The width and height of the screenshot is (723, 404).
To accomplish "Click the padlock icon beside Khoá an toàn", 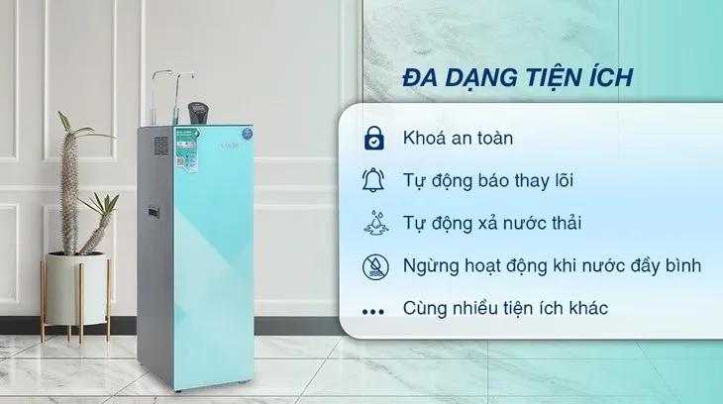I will [373, 139].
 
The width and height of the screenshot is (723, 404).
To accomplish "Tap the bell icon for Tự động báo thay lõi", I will [373, 180].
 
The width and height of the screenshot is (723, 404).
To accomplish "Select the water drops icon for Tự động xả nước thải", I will [373, 223].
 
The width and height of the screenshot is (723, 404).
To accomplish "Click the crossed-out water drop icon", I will [373, 265].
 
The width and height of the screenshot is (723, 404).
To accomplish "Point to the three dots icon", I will [373, 310].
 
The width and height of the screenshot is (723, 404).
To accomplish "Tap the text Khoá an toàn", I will [460, 139].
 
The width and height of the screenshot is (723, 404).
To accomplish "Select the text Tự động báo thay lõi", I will [488, 181].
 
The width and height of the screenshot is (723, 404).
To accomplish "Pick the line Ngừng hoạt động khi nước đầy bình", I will [553, 266].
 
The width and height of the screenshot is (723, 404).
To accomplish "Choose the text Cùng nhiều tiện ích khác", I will [505, 309].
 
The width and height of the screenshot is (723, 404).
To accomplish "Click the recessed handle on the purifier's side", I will [154, 212].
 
